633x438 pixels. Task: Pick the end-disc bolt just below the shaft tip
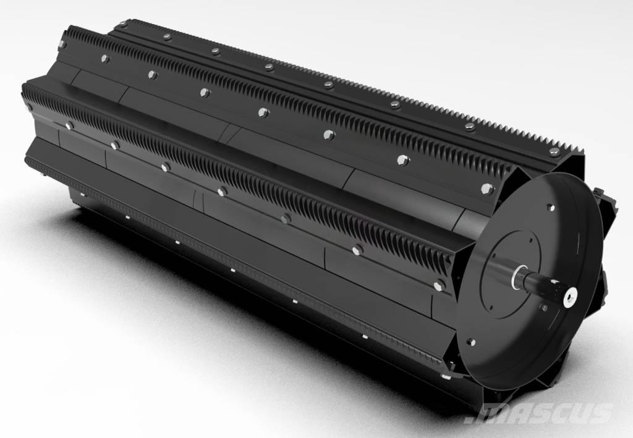[545, 307]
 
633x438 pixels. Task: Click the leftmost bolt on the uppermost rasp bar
[124, 24]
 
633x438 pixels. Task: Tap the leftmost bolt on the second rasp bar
[62, 44]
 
